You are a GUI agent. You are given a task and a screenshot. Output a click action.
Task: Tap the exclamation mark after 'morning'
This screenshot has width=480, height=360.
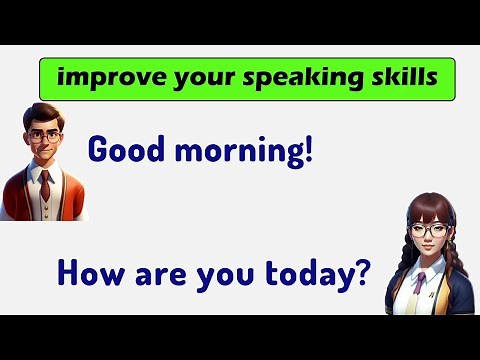308,147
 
